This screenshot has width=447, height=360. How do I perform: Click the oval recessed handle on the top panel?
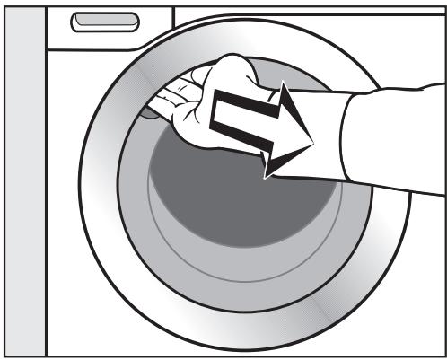[106, 21]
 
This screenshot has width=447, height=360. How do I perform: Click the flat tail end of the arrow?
[215, 117]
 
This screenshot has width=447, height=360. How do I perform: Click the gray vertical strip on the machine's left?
[23, 180]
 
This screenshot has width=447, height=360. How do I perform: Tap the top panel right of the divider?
[305, 22]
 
